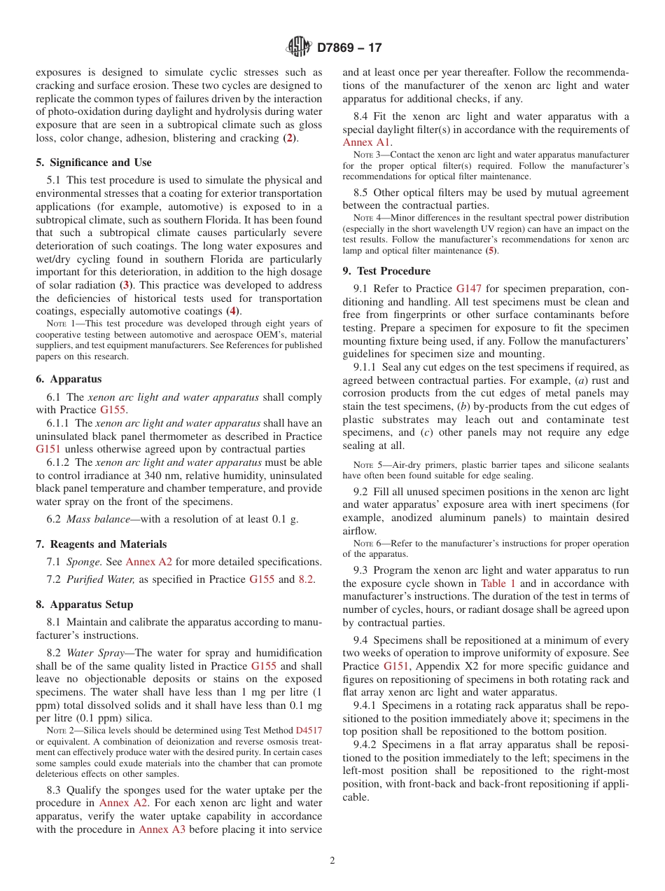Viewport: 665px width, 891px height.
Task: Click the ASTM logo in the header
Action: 299,48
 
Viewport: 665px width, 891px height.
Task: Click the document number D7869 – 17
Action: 349,48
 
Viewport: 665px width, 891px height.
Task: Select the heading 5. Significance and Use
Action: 93,163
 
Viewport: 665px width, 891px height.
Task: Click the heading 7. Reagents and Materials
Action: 101,544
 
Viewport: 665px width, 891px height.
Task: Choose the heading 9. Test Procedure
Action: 386,271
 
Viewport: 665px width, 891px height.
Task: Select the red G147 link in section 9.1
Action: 469,289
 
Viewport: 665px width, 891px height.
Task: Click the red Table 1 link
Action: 498,583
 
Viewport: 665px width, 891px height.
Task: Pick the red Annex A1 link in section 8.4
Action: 367,142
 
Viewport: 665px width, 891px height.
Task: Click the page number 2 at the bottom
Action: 332,861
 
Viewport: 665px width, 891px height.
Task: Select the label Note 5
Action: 366,465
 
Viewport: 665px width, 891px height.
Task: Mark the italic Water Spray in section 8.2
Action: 97,653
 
